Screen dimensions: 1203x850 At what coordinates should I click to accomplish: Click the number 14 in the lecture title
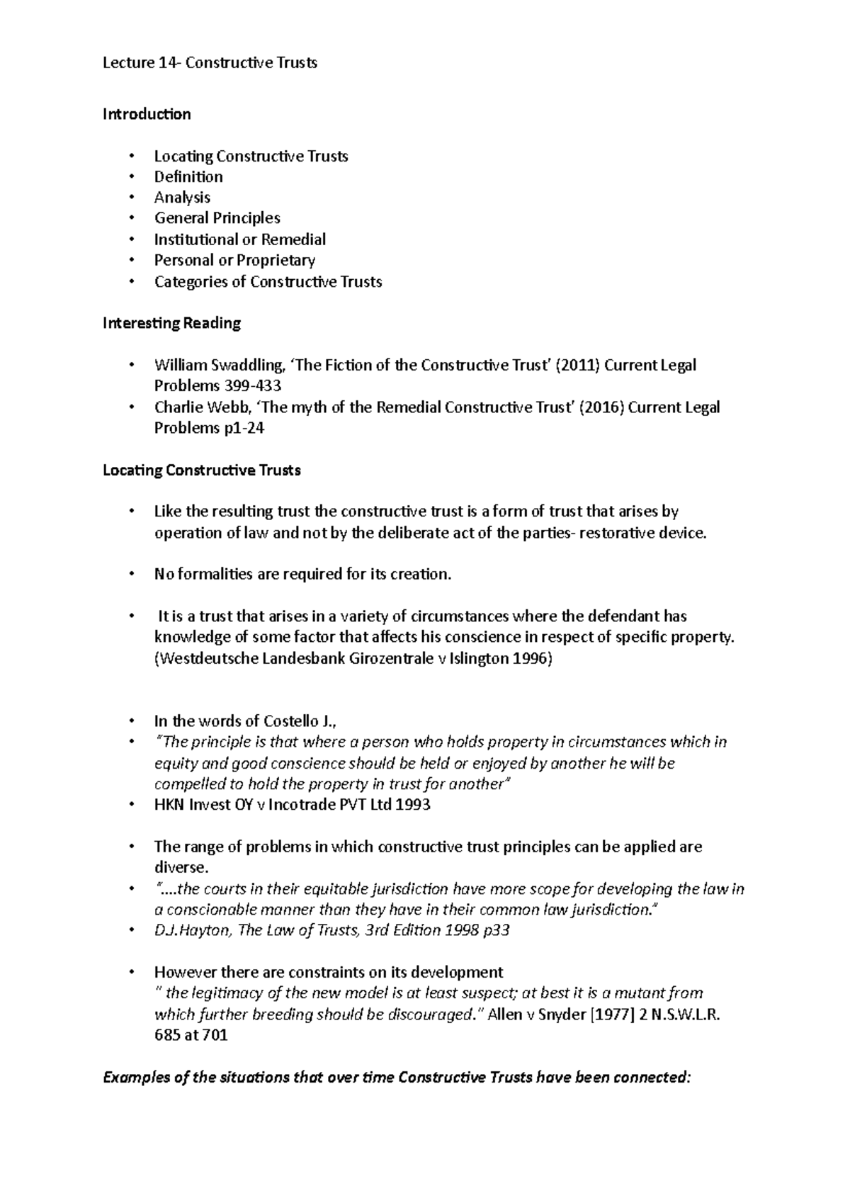(168, 62)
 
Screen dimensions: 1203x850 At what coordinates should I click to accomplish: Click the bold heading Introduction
(147, 114)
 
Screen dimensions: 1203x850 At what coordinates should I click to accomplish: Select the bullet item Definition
(188, 176)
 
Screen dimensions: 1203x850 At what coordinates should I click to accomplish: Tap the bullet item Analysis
(182, 198)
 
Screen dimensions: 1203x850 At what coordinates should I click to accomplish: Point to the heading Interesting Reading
(171, 323)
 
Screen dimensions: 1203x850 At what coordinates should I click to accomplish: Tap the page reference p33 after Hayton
(494, 930)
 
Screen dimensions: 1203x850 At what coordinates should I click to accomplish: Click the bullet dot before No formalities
(131, 575)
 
